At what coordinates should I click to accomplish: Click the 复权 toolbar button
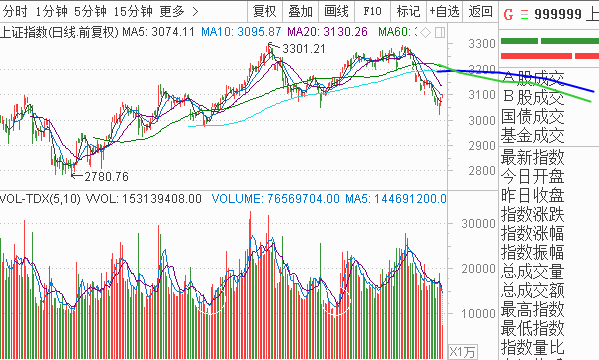(x=265, y=12)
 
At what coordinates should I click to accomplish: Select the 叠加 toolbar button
(x=300, y=12)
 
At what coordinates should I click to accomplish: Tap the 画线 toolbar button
(x=337, y=12)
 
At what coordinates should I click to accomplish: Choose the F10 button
(x=372, y=12)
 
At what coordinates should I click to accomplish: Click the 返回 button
(x=480, y=12)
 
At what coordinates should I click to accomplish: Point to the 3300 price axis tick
(x=482, y=44)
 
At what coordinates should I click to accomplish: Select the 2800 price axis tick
(x=482, y=172)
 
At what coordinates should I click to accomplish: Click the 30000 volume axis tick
(x=478, y=225)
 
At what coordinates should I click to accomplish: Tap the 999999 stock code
(x=561, y=17)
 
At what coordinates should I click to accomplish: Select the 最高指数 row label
(x=533, y=308)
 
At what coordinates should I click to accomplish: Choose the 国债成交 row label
(x=533, y=117)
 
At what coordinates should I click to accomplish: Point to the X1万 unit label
(x=461, y=352)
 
